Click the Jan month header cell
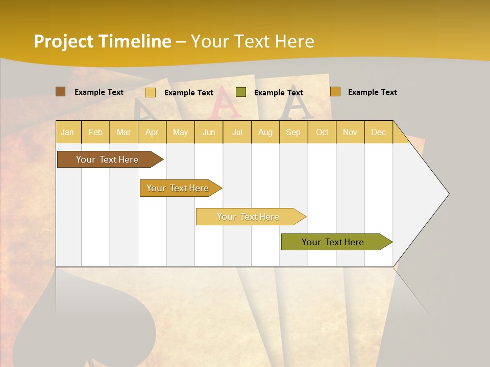coord(68,132)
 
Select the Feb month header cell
coord(95,132)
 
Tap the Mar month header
coord(124,132)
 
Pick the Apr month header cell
coord(152,132)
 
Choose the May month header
coord(180,132)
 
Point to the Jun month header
coord(209,132)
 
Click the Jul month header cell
coord(237,132)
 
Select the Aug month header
coord(265,132)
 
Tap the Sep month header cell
coord(293,132)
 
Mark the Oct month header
coord(322,132)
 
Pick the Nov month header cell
coord(350,132)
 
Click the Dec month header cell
coord(379,132)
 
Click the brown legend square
coord(60,92)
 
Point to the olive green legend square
coord(241,92)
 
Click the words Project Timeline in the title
coord(102,41)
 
